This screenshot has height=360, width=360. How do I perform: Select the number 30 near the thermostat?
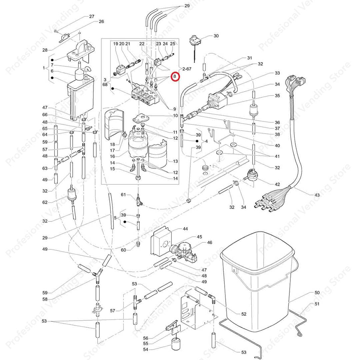click(216, 36)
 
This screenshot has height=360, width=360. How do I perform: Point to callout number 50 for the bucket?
click(317, 293)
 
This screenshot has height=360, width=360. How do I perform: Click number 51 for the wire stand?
click(317, 304)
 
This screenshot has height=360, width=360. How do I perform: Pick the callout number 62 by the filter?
click(45, 202)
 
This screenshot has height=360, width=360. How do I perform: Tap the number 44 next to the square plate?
click(185, 229)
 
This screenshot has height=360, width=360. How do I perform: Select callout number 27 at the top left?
click(92, 16)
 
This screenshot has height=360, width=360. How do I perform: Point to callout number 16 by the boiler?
click(112, 156)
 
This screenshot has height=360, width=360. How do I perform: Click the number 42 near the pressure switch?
click(277, 184)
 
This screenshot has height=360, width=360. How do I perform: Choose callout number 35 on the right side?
click(277, 95)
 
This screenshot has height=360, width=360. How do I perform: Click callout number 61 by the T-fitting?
click(123, 194)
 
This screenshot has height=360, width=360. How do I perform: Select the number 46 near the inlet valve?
click(209, 243)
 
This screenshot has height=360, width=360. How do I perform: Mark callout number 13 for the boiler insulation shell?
click(175, 161)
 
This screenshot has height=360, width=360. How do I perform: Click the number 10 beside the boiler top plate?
click(175, 116)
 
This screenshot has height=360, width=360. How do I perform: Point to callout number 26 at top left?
click(101, 22)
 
